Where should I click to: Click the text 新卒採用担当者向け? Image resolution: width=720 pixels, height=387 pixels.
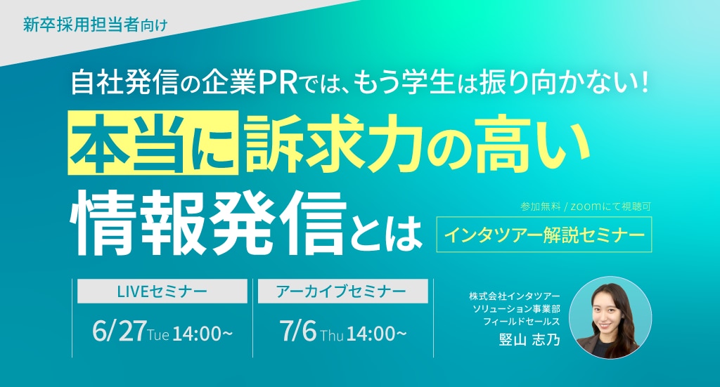[95, 25]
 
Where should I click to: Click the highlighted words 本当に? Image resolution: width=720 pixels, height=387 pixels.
[153, 143]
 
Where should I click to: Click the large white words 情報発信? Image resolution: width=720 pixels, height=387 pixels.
[207, 223]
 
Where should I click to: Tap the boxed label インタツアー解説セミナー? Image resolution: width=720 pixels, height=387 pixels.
[544, 235]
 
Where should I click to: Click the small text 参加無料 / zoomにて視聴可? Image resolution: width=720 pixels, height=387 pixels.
[586, 206]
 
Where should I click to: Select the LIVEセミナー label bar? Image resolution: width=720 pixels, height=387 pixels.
[162, 291]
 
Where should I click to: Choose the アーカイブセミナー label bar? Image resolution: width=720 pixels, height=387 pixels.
[342, 291]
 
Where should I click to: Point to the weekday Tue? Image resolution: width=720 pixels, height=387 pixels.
[158, 335]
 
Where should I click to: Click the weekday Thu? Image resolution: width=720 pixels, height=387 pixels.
[332, 335]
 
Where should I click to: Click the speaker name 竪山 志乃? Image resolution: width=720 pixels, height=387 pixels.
[529, 340]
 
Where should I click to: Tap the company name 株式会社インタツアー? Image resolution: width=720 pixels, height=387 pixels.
[514, 296]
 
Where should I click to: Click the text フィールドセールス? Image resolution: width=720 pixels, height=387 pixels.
[522, 322]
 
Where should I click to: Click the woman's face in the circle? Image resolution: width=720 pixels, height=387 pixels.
[606, 310]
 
